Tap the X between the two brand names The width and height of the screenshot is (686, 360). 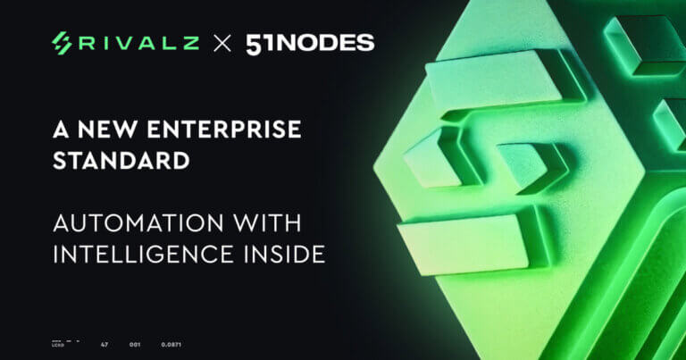point(222,43)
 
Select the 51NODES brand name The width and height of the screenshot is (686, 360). point(309,43)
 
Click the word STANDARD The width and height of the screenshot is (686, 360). point(121,163)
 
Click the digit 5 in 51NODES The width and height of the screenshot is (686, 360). point(254,43)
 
